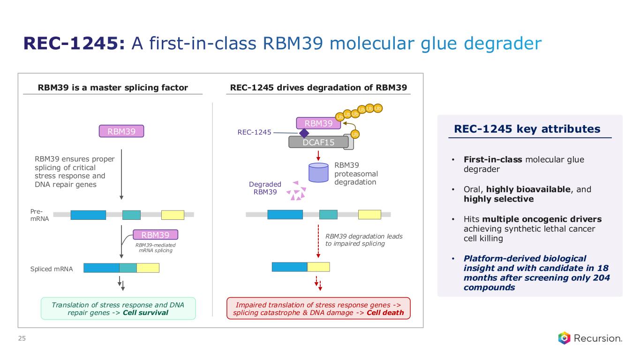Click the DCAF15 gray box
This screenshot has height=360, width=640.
click(x=318, y=142)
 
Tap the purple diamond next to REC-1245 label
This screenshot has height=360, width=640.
click(x=304, y=133)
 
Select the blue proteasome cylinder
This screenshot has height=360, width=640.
click(x=318, y=172)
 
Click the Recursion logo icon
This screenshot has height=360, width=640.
click(x=564, y=338)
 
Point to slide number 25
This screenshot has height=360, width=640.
click(x=22, y=338)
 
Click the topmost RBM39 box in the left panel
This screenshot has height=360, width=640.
click(x=121, y=131)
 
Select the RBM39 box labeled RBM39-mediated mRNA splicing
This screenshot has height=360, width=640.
click(x=156, y=234)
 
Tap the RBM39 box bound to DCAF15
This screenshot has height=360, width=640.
click(x=318, y=123)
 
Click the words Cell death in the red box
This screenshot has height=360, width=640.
click(x=385, y=313)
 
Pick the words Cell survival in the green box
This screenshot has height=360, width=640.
click(x=145, y=313)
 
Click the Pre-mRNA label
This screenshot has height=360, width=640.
click(x=39, y=215)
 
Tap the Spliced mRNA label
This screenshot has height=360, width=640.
click(x=52, y=269)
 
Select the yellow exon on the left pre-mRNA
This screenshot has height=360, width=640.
click(x=173, y=215)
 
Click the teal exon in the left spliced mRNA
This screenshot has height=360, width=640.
click(x=128, y=268)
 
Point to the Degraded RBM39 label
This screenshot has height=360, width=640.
click(x=265, y=188)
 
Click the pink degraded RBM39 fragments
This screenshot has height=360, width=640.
click(x=297, y=191)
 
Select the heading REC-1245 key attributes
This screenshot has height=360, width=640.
click(x=527, y=129)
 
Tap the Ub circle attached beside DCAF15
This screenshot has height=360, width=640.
click(x=355, y=134)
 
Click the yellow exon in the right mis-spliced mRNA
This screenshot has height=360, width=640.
click(x=318, y=267)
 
